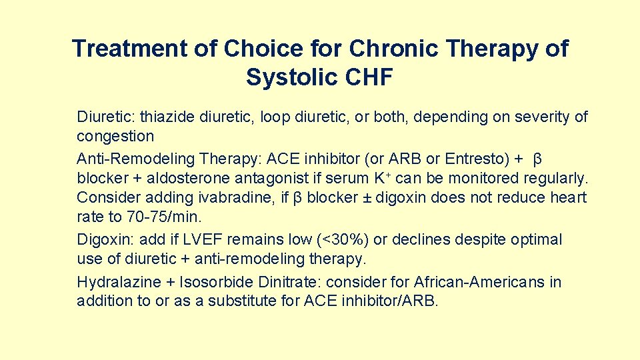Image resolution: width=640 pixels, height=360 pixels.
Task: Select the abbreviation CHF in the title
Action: point(370,77)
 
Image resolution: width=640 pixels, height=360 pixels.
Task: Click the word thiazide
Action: point(166,117)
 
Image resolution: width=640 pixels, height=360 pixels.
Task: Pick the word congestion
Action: point(115,137)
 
